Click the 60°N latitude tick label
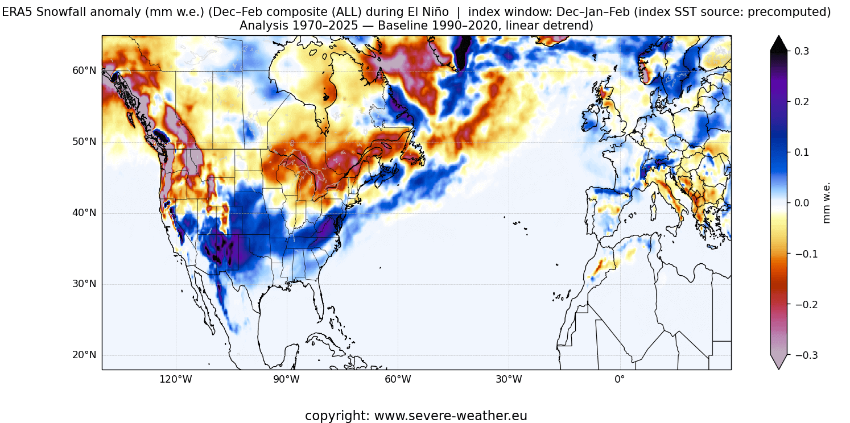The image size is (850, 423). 84,70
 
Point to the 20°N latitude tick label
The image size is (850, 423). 84,355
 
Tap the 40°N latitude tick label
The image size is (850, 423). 84,213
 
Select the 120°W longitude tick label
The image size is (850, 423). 175,380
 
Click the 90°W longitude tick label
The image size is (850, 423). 286,380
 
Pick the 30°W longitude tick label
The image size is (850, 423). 508,380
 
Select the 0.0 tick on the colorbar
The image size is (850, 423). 798,203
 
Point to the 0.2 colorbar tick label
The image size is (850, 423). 798,102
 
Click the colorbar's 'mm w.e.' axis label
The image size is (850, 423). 827,203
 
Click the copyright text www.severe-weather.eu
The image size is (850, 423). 416,416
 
